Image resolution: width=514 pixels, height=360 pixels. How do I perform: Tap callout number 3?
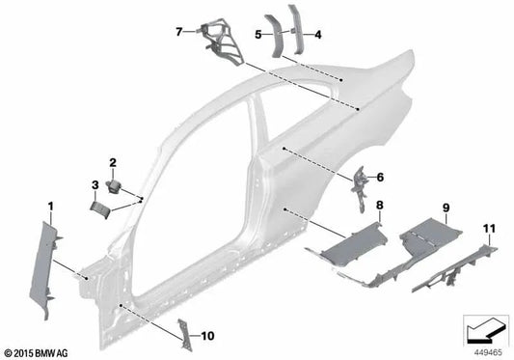point(95,183)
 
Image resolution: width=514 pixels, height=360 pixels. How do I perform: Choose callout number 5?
point(257,35)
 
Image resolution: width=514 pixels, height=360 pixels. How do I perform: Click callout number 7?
point(178,31)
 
